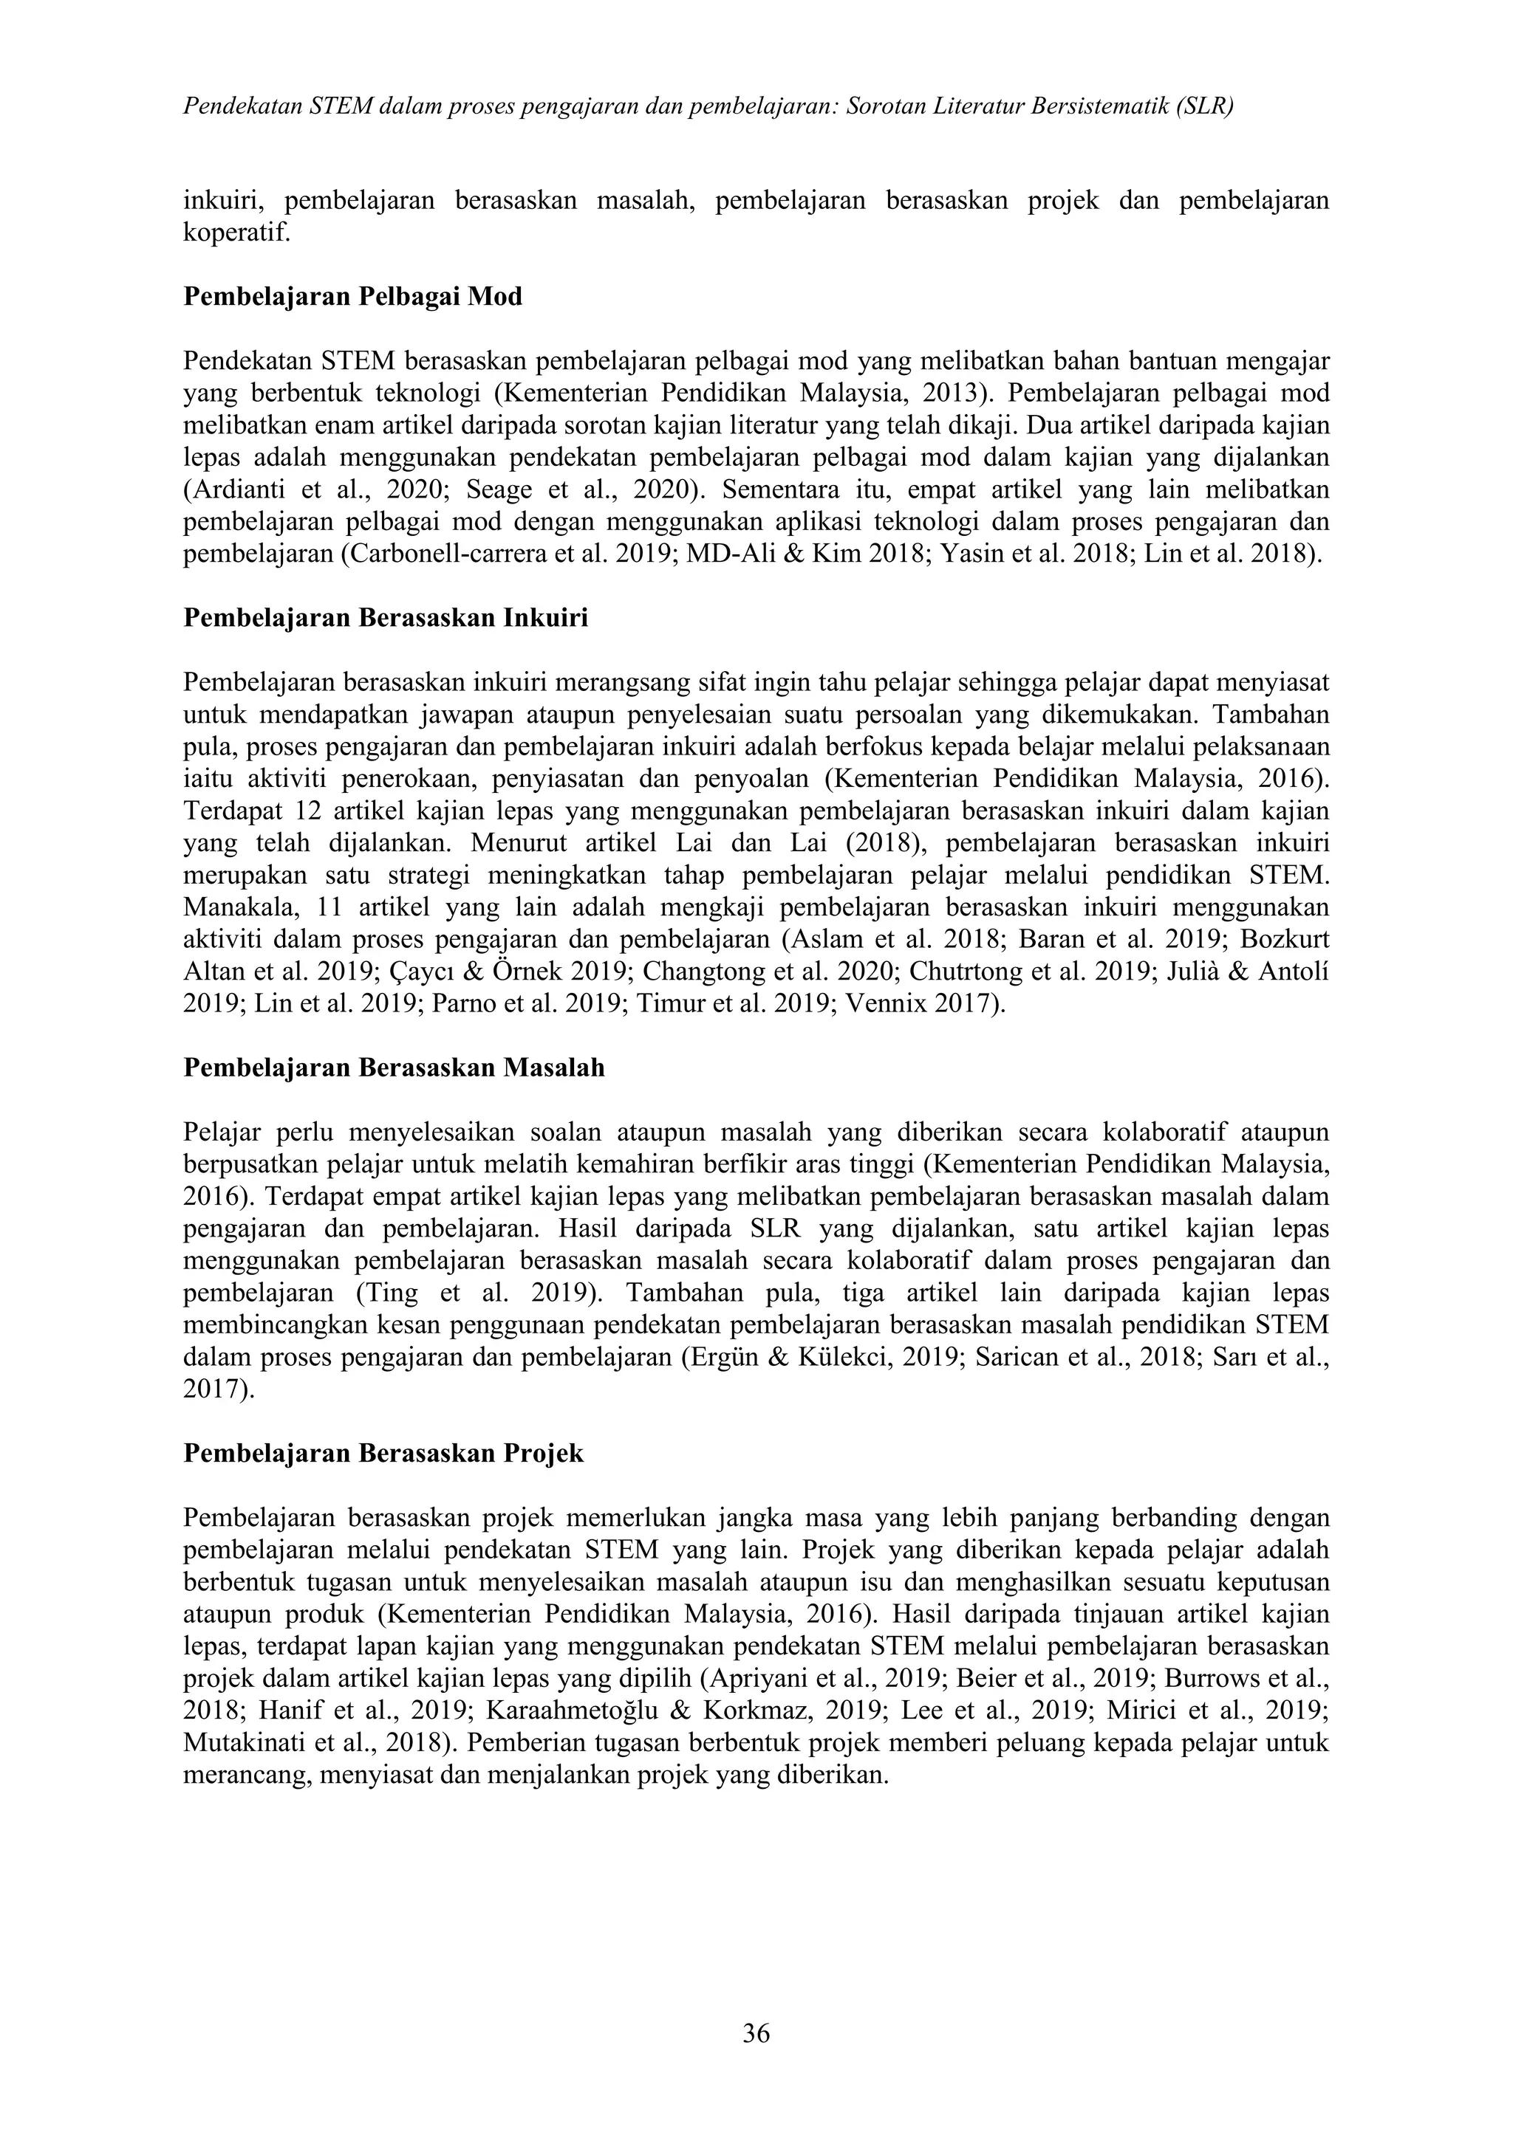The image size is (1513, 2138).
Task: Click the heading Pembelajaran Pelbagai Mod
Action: coord(352,297)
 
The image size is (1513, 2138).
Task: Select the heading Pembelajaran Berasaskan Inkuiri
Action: coord(385,619)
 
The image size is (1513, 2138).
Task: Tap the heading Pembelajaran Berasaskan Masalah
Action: coord(393,1068)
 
